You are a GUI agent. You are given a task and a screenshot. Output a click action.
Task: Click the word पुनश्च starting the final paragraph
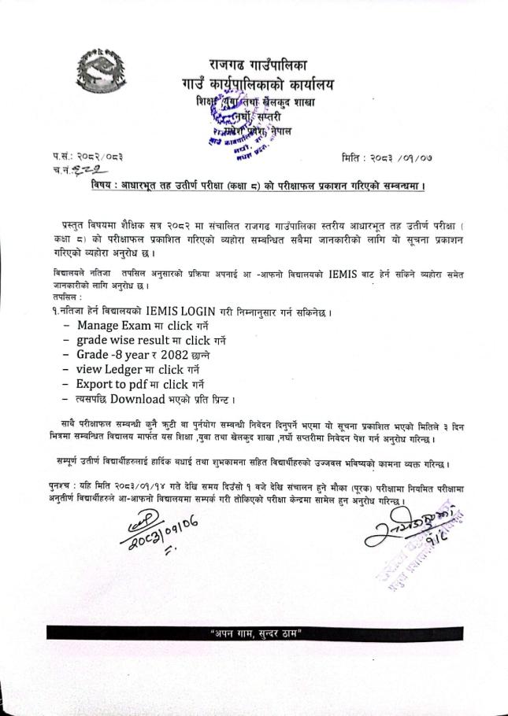click(x=58, y=489)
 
